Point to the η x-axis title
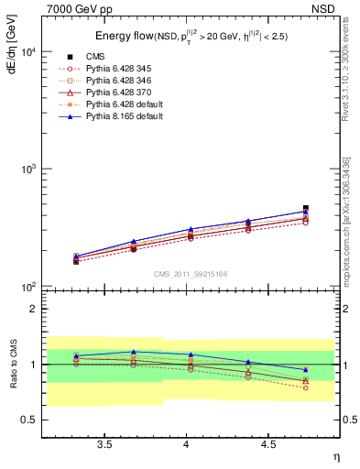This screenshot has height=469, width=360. pyautogui.click(x=335, y=455)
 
